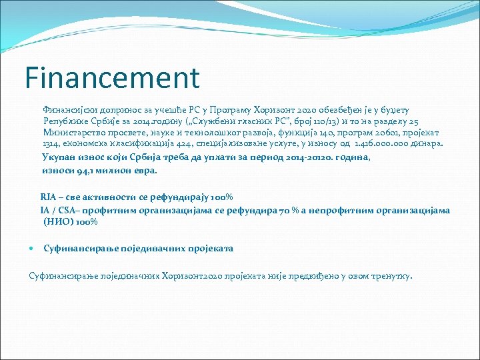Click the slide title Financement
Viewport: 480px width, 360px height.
pyautogui.click(x=112, y=77)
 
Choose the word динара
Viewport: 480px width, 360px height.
pyautogui.click(x=428, y=145)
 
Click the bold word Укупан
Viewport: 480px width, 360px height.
pyautogui.click(x=59, y=157)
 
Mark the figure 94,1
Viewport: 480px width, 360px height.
pyautogui.click(x=85, y=170)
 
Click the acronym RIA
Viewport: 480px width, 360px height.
pyautogui.click(x=49, y=197)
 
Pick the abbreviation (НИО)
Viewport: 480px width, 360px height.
pyautogui.click(x=58, y=222)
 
